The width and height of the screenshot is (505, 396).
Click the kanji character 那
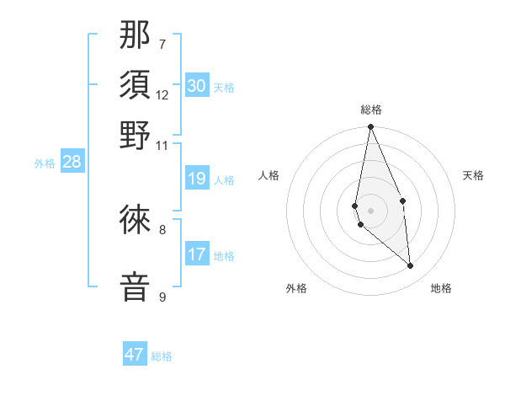coord(136,35)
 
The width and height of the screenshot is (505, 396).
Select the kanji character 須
coord(136,86)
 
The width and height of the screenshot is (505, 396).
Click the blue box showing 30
coord(197,86)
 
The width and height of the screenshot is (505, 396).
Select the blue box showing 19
coord(197,179)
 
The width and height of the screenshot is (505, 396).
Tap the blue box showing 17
coord(197,254)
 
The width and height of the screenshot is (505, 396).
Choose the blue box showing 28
coord(72,163)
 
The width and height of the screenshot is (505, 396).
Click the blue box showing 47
coord(135,355)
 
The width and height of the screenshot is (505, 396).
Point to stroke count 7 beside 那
coord(162,44)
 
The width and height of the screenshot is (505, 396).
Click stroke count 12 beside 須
coord(162,94)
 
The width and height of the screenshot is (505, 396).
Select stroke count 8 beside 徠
coord(162,228)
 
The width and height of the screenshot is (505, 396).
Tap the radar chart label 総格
coord(371,110)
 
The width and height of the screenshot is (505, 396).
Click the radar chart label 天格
coord(473,175)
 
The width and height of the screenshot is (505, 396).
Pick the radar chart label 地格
coord(441,288)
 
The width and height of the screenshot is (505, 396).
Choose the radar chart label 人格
coord(269,175)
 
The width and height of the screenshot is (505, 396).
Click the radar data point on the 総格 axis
coord(370,127)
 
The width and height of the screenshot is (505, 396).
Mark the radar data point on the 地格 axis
coord(411,266)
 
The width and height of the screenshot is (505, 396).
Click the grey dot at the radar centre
coord(370,210)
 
